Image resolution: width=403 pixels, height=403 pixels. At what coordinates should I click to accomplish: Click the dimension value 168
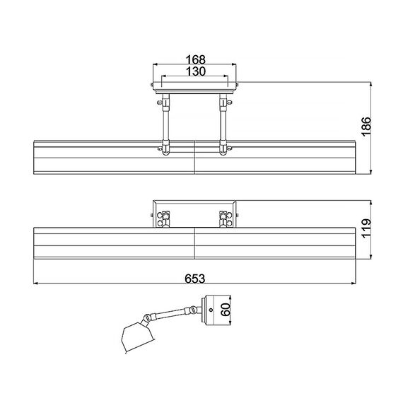coord(196,59)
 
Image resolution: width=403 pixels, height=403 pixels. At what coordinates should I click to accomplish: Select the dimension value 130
coord(196,71)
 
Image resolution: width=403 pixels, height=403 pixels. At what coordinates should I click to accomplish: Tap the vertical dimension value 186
coord(366,126)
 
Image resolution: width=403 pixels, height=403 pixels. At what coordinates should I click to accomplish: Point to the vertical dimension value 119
coord(366,228)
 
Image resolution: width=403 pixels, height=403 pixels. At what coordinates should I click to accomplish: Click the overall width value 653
coord(195,279)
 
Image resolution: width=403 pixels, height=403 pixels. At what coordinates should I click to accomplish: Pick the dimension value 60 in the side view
coord(226,310)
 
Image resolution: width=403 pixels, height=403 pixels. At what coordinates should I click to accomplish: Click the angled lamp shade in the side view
coord(137,337)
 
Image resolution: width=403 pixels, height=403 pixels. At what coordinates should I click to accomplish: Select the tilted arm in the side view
coord(170,313)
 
